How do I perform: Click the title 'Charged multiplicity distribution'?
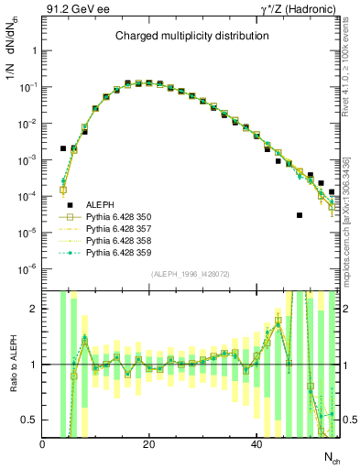pos(191,36)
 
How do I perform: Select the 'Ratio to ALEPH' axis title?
pos(12,365)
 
